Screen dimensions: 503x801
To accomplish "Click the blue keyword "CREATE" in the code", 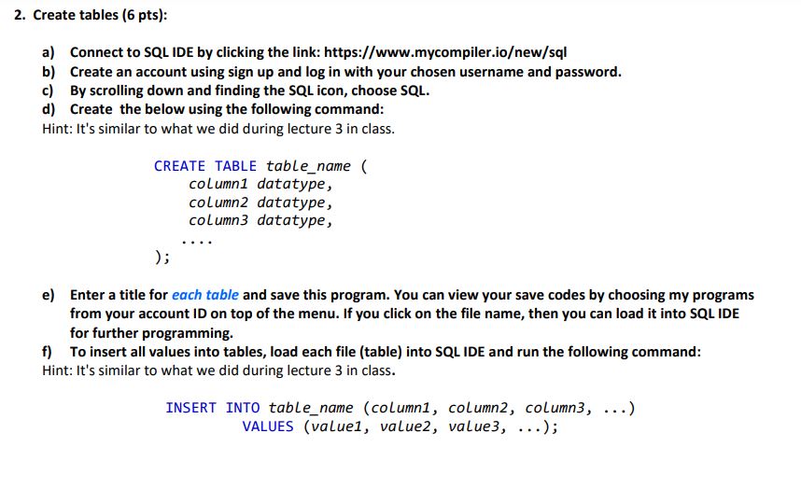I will [x=179, y=166].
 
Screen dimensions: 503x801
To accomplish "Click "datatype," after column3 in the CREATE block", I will [x=294, y=221].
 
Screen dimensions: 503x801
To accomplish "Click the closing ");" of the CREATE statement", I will [x=162, y=257].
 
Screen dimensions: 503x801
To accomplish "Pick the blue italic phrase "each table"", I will [x=204, y=295].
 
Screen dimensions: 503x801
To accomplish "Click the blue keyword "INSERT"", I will [x=191, y=408].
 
